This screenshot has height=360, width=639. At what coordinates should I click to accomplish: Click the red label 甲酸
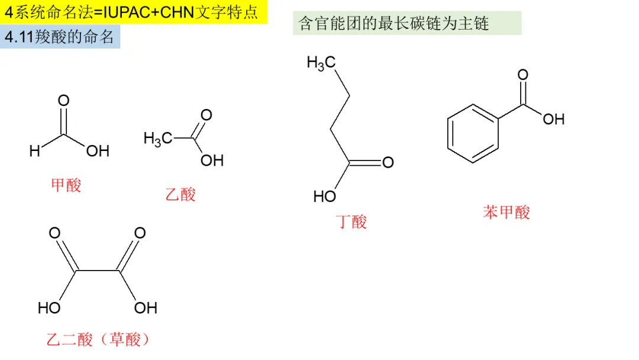click(x=66, y=185)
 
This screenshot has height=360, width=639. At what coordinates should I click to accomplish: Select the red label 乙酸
click(x=180, y=194)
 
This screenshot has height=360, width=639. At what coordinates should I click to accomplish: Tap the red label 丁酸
click(x=351, y=222)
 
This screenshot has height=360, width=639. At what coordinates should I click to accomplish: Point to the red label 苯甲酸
click(x=506, y=212)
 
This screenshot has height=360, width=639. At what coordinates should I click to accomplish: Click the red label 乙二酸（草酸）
click(x=98, y=339)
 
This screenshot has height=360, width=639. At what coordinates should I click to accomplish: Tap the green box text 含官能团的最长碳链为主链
click(x=394, y=24)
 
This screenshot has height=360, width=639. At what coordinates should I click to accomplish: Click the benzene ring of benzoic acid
click(x=473, y=133)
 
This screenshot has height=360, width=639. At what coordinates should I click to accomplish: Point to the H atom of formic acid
click(x=35, y=152)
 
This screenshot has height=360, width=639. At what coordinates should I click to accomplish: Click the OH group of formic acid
click(x=98, y=152)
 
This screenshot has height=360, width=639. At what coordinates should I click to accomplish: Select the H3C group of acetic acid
click(x=158, y=139)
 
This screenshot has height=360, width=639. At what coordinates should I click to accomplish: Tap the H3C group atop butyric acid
click(x=321, y=63)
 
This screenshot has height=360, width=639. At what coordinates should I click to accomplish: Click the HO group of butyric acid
click(x=325, y=196)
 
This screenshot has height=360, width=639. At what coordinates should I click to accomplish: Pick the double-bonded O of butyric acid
click(x=388, y=162)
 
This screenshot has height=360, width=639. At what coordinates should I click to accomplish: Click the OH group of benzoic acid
click(x=553, y=120)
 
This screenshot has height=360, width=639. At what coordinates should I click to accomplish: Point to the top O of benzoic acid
click(x=522, y=75)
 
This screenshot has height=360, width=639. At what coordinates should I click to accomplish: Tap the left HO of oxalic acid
click(x=50, y=308)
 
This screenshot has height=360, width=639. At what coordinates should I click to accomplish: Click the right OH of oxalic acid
click(x=146, y=308)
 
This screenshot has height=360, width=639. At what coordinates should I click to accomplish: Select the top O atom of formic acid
click(x=63, y=100)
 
